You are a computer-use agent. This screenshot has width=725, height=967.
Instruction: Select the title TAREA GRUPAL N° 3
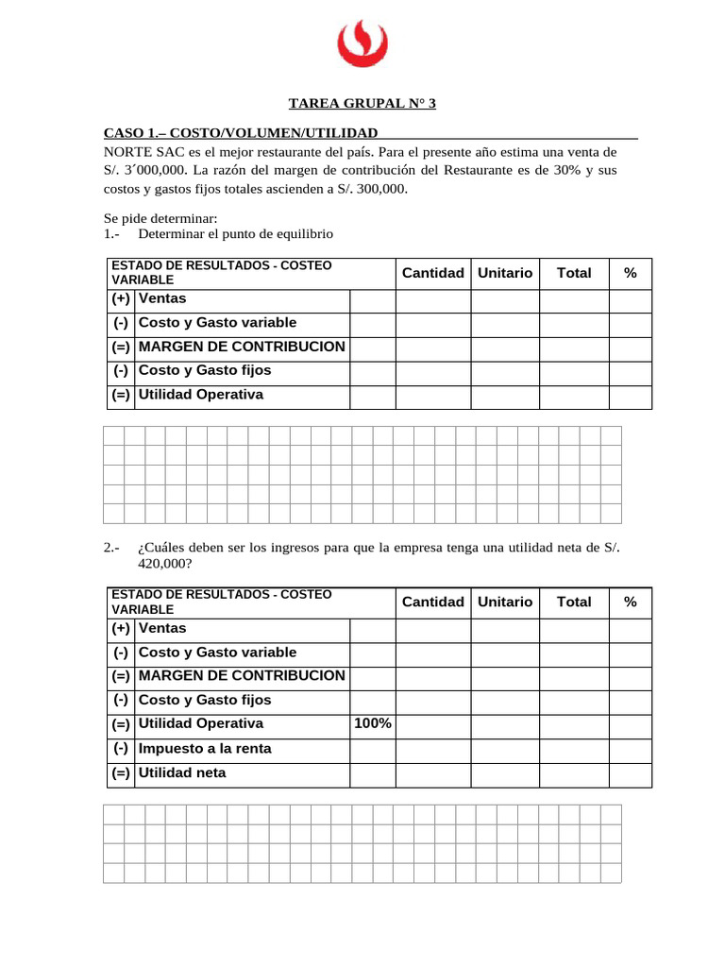tap(362, 105)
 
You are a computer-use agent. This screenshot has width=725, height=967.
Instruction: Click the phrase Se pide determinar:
tap(160, 218)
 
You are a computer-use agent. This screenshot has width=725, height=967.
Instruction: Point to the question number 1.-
tap(113, 233)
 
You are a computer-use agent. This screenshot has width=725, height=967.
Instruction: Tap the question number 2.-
tap(113, 548)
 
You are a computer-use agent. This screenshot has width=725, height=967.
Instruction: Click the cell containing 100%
tap(372, 724)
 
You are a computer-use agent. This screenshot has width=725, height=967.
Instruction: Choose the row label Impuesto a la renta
tap(205, 749)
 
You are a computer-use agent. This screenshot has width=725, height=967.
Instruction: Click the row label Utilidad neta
tap(182, 772)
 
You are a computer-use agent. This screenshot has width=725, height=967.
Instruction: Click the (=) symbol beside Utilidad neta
tap(120, 772)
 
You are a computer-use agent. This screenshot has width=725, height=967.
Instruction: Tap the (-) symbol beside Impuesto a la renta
tap(120, 749)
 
